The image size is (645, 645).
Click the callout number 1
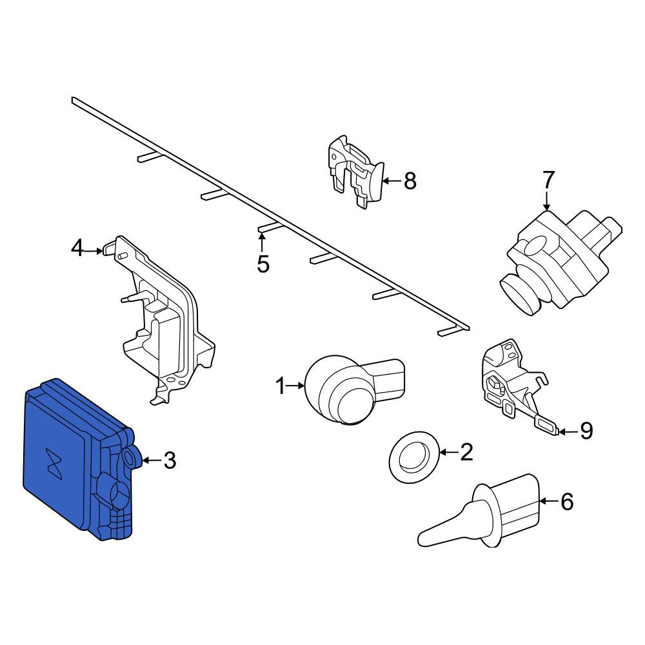[281, 386]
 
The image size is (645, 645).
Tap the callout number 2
[466, 452]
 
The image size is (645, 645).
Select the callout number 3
[170, 461]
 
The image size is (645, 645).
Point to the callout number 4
[77, 248]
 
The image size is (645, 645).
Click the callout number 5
[263, 264]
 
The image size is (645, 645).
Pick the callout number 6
[567, 502]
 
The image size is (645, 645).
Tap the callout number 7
[548, 180]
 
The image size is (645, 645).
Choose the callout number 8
[410, 181]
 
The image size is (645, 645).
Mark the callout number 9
[586, 431]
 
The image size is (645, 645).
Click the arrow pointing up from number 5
[262, 243]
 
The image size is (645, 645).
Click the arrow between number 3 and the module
[152, 460]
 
